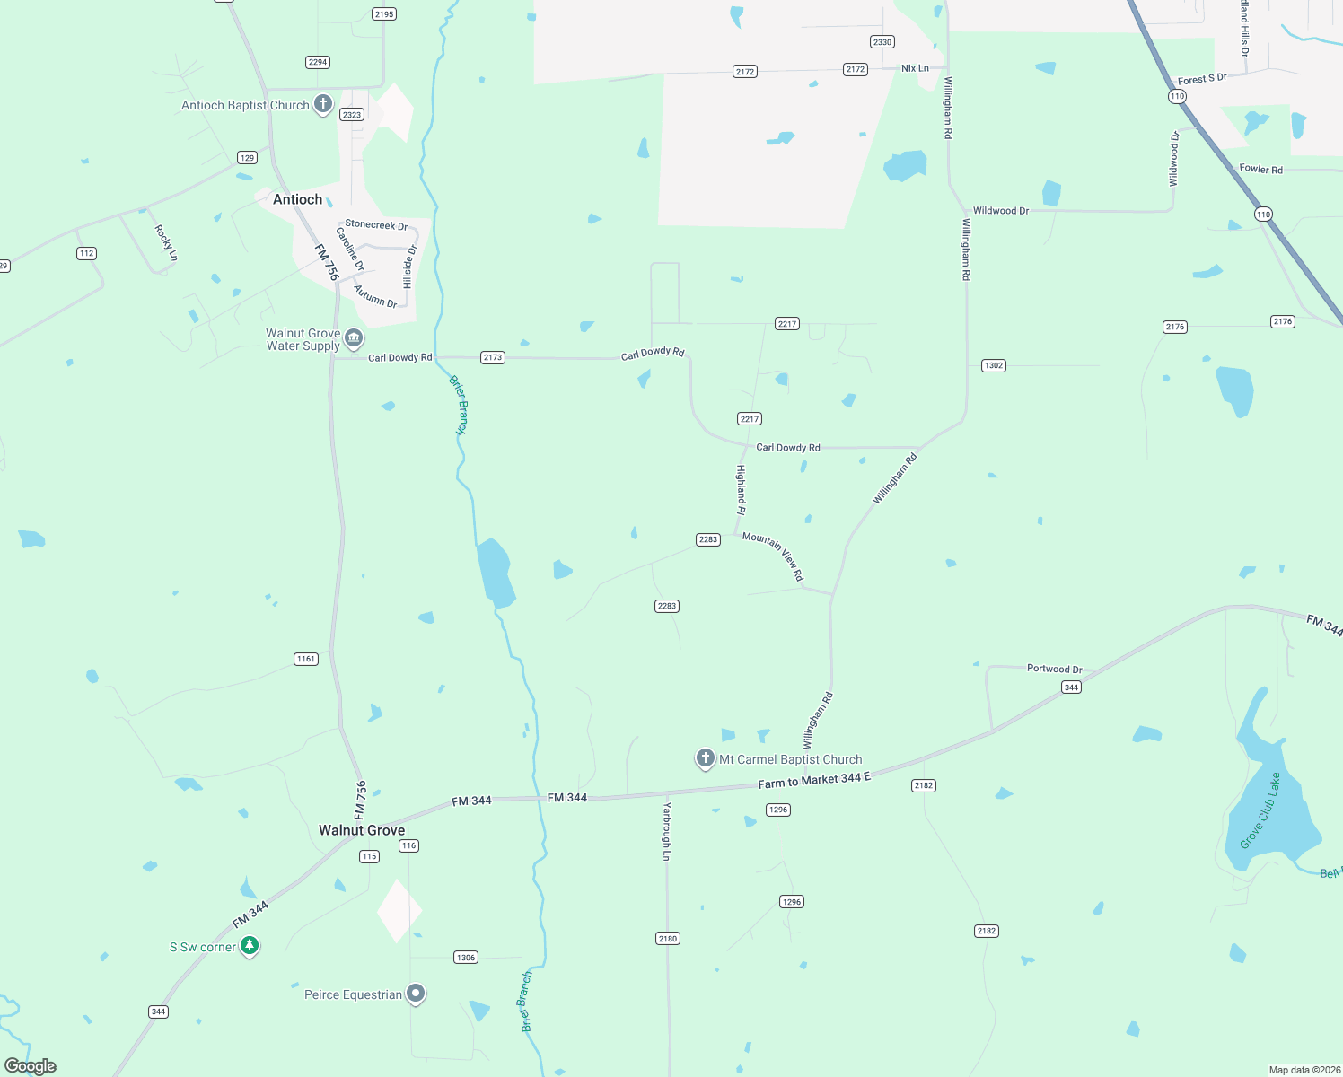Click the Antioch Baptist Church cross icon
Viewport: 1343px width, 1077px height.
coord(323,104)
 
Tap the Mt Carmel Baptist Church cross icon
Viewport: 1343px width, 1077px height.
coord(706,758)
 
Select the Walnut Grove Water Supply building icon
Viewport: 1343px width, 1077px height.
coord(354,338)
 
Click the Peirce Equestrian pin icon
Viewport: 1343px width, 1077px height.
coord(415,994)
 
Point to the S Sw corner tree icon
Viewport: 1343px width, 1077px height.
coord(250,946)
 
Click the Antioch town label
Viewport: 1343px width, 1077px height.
coord(297,199)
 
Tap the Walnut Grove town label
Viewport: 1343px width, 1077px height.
coord(362,830)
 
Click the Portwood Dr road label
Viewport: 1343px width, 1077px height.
coord(1054,669)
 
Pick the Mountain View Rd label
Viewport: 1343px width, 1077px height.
coord(773,556)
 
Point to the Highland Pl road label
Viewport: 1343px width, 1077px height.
coord(742,490)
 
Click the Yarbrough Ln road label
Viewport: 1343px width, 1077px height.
coord(667,831)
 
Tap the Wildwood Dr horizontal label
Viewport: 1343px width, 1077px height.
coord(1001,211)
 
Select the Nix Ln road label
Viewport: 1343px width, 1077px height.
coord(915,68)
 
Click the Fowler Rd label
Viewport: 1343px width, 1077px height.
coord(1260,169)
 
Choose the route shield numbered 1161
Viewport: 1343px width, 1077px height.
coord(306,659)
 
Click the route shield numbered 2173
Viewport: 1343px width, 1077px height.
coord(493,357)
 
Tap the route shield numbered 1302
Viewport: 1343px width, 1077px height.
coord(993,365)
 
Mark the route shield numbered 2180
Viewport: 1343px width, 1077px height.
coord(667,939)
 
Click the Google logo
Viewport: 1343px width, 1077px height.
coord(31,1066)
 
